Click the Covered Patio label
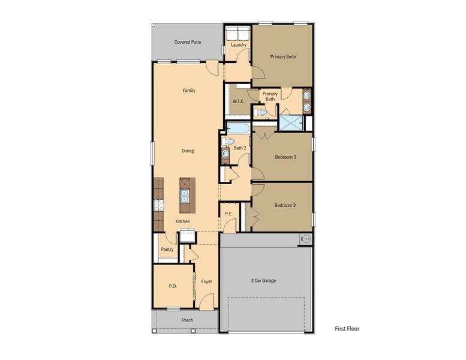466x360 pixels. pos(187,42)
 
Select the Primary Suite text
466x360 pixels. pos(283,57)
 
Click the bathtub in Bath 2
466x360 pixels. pos(238,128)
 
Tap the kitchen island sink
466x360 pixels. pos(186,195)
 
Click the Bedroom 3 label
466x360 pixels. pos(285,157)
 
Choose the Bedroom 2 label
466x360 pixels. pos(285,205)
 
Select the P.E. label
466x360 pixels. pos(229,214)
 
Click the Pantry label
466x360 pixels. pos(167,249)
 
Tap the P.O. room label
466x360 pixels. pos(173,286)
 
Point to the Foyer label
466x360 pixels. pos(206,281)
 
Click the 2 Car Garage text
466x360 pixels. pos(263,280)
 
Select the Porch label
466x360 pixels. pos(187,320)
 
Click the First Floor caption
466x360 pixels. pos(347,329)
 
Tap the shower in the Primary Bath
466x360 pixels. pos(291,122)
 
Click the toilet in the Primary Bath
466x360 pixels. pos(260,112)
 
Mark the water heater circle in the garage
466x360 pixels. pos(306,239)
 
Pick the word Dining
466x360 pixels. pos(188,151)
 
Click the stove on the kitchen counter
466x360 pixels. pos(158,205)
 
